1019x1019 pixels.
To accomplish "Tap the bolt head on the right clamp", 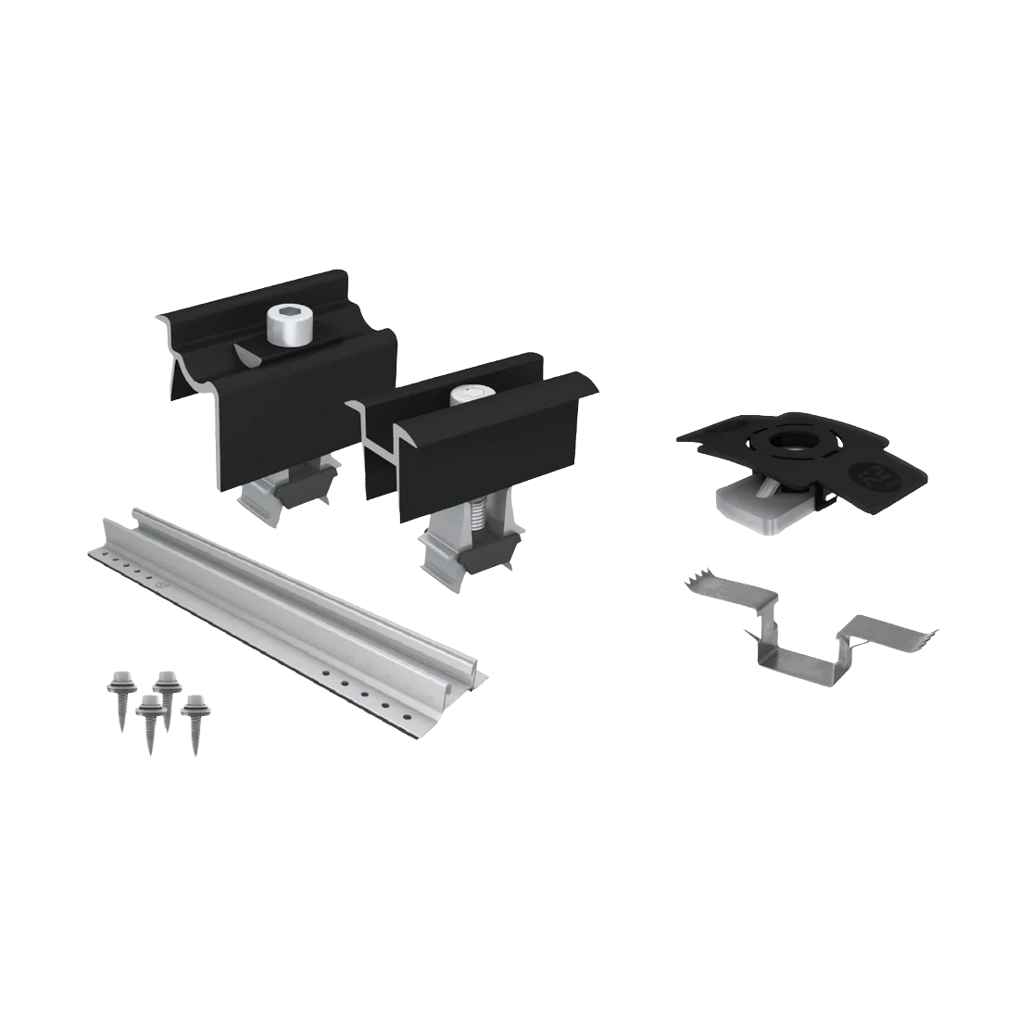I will coord(468,396).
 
